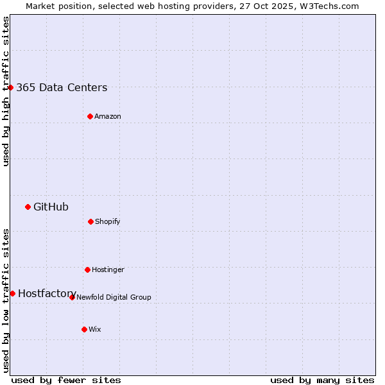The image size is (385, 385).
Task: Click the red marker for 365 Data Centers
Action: coord(11,87)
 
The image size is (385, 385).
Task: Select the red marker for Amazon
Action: coord(90,116)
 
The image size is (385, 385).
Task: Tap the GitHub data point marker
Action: coord(28,207)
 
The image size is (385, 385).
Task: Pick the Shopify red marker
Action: coord(90,221)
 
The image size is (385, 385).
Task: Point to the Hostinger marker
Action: coord(87,269)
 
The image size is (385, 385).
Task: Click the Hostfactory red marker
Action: coord(12,293)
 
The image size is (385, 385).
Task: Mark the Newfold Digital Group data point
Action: coord(72,297)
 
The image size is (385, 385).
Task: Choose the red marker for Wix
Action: coord(84,329)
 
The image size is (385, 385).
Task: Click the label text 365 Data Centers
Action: coord(62,88)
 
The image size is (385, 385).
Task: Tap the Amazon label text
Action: coord(108,116)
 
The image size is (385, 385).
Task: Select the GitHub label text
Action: coord(51,207)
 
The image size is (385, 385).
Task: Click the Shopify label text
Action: coord(108,221)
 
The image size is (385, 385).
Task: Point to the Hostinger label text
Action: coord(108,269)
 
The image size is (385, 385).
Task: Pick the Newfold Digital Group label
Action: coord(114,297)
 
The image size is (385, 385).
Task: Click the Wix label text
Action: coord(95,329)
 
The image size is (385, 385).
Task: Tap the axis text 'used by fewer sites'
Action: coord(66,380)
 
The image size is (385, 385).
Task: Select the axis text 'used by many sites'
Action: coord(322,380)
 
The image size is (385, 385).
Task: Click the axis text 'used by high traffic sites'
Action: coord(6,91)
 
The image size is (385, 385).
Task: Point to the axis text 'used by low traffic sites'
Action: coord(6,300)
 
